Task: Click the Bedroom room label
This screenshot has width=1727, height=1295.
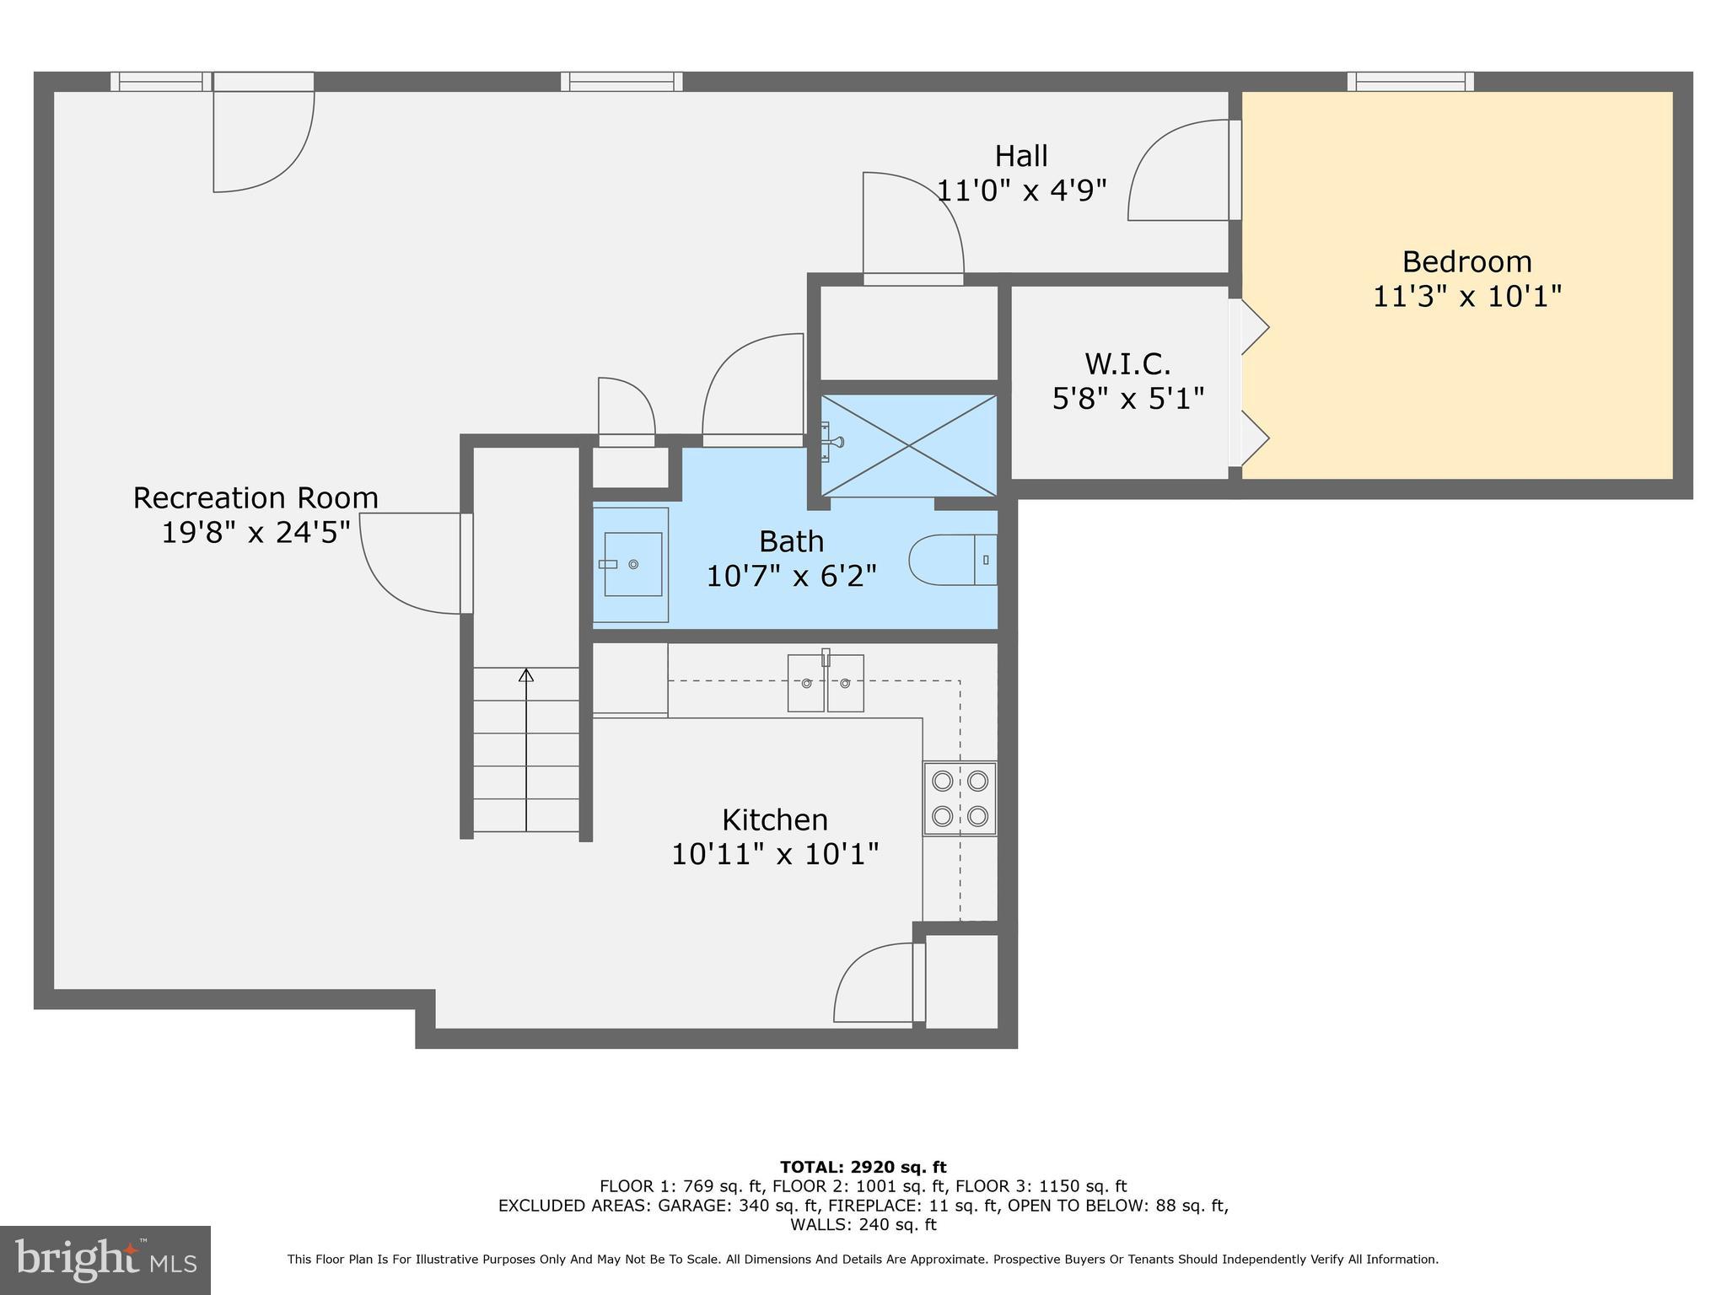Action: point(1466,261)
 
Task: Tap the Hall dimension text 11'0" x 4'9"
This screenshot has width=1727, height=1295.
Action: point(1021,191)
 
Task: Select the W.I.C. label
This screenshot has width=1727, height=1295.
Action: point(1127,364)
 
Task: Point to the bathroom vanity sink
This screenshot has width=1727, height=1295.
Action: point(632,564)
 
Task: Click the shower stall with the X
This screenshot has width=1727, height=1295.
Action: point(909,445)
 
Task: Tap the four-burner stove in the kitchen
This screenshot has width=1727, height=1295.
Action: point(960,798)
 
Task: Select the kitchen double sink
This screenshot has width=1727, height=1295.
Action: point(826,683)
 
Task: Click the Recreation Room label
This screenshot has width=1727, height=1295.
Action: point(256,497)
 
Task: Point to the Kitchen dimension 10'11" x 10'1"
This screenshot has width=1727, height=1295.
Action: point(774,854)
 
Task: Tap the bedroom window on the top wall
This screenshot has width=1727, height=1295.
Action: point(1410,82)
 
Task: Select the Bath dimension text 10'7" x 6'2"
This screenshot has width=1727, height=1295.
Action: point(791,576)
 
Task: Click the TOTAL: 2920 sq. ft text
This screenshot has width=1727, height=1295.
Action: point(863,1167)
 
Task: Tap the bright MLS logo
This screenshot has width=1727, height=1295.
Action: point(105,1260)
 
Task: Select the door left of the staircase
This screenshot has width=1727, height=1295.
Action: point(413,563)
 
